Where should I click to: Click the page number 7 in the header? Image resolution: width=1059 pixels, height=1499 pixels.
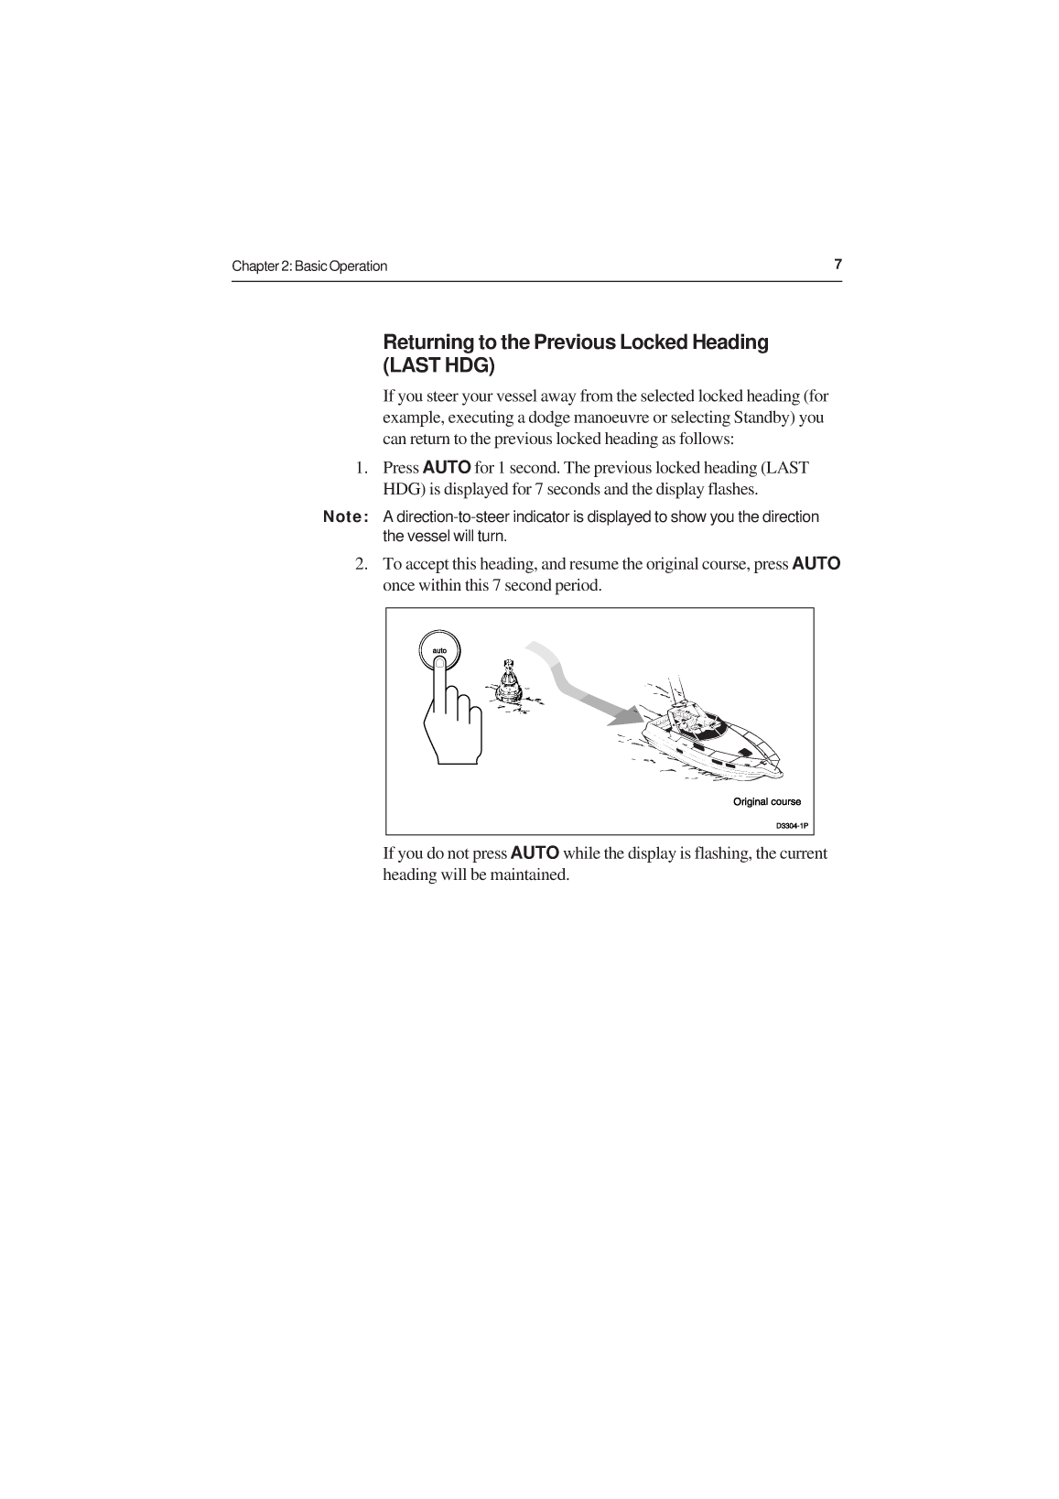coord(837,265)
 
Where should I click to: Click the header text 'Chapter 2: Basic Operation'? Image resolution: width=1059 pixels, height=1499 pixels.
coord(309,266)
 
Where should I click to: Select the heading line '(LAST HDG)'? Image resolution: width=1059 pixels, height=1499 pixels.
coord(438,366)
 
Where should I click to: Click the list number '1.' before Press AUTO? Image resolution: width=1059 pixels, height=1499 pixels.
coord(362,468)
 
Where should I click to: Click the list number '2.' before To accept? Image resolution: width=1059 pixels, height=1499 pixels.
coord(362,564)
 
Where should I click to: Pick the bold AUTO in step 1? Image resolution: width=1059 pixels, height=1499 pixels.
coord(447,468)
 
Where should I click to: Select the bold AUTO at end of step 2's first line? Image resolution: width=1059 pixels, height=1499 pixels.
coord(816,564)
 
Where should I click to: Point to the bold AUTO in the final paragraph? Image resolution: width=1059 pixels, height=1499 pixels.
coord(535,853)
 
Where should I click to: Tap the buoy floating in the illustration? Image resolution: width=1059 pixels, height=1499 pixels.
coord(508,682)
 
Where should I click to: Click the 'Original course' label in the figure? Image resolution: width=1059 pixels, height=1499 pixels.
coord(766,802)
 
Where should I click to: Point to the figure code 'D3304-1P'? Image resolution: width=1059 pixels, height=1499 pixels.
coord(792,826)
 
